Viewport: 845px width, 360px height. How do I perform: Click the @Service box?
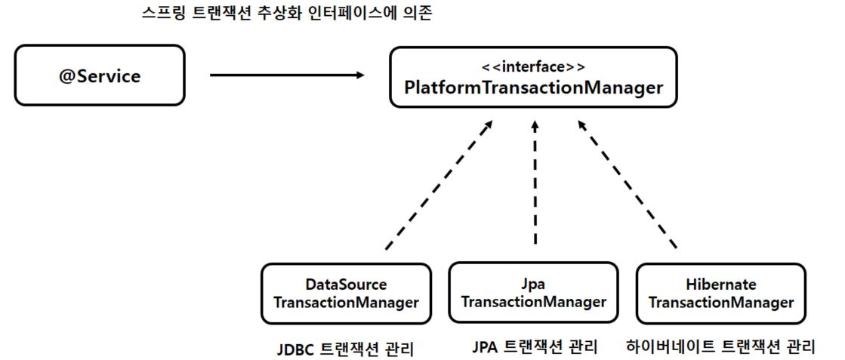pos(100,75)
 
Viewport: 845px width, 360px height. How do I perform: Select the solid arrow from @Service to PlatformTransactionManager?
pos(287,75)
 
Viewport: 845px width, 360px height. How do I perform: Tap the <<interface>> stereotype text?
pos(533,67)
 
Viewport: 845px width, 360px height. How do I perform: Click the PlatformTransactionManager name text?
pos(533,88)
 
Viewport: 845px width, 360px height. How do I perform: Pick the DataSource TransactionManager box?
pos(346,294)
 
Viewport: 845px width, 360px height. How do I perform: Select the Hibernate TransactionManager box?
pos(721,294)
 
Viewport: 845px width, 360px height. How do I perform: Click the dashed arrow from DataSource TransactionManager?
pos(439,184)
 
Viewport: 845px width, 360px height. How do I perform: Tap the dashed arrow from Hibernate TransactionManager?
pos(628,184)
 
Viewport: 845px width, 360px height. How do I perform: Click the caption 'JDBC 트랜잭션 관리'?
pos(345,348)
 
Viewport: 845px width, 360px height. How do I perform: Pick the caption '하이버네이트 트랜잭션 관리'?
pos(721,346)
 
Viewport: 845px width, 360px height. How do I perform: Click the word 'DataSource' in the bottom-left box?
pos(346,284)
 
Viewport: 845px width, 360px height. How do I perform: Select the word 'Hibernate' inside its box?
pos(721,284)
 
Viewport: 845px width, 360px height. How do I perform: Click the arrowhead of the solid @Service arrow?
pos(360,75)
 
